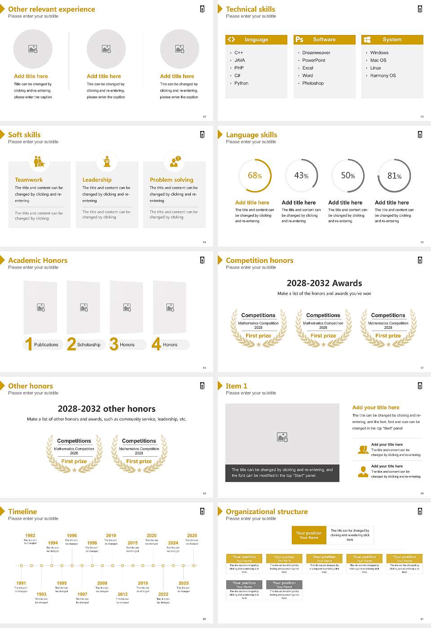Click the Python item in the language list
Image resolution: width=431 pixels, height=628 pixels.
(x=241, y=83)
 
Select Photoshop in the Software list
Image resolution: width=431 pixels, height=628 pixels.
(x=313, y=83)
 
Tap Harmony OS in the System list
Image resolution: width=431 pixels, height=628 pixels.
(x=383, y=76)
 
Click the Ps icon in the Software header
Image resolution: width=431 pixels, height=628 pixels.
(x=299, y=39)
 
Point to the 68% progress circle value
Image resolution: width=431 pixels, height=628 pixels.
(x=255, y=176)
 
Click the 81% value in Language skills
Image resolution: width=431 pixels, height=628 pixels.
(x=394, y=176)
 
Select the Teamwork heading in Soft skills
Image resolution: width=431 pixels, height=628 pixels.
(x=29, y=180)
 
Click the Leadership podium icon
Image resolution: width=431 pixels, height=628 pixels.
(x=107, y=161)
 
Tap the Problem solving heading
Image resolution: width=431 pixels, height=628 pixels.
(x=172, y=180)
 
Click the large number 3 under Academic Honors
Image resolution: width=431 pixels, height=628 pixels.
(x=114, y=344)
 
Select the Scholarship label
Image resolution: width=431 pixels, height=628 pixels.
(x=88, y=345)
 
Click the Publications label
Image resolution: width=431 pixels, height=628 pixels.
(x=46, y=345)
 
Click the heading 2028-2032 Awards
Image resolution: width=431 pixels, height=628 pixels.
(x=324, y=283)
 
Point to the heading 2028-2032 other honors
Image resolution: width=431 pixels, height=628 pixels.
(x=106, y=409)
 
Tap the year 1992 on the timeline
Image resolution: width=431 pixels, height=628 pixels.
(x=30, y=536)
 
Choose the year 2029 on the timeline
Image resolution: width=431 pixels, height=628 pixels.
(x=192, y=536)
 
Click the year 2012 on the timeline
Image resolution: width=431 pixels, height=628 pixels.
(x=123, y=594)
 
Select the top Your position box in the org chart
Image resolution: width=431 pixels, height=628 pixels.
(x=309, y=535)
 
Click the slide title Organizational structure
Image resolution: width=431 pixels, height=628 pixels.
(x=267, y=512)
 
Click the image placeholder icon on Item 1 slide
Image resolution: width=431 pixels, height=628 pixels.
(x=282, y=436)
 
